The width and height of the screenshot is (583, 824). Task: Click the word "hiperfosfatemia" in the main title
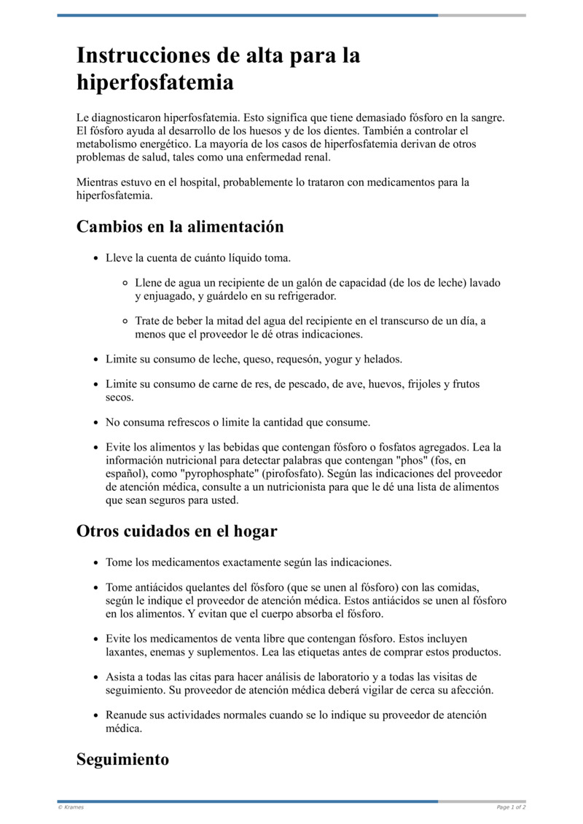pyautogui.click(x=155, y=82)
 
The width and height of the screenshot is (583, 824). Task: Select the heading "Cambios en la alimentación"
pyautogui.click(x=180, y=227)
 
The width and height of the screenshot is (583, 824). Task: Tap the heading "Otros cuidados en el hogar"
pyautogui.click(x=176, y=531)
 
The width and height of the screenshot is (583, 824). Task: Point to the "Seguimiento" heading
pyautogui.click(x=122, y=759)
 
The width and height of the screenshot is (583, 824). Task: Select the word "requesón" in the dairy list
pyautogui.click(x=287, y=359)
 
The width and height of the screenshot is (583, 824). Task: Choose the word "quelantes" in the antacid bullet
pyautogui.click(x=184, y=587)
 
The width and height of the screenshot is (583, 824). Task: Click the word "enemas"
pyautogui.click(x=176, y=652)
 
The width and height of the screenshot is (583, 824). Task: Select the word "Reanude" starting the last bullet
pyautogui.click(x=127, y=715)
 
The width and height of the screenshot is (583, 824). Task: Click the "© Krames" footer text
pyautogui.click(x=71, y=807)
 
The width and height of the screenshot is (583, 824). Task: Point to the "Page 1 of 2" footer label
pyautogui.click(x=511, y=807)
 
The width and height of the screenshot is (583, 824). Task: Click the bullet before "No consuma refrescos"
pyautogui.click(x=95, y=422)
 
